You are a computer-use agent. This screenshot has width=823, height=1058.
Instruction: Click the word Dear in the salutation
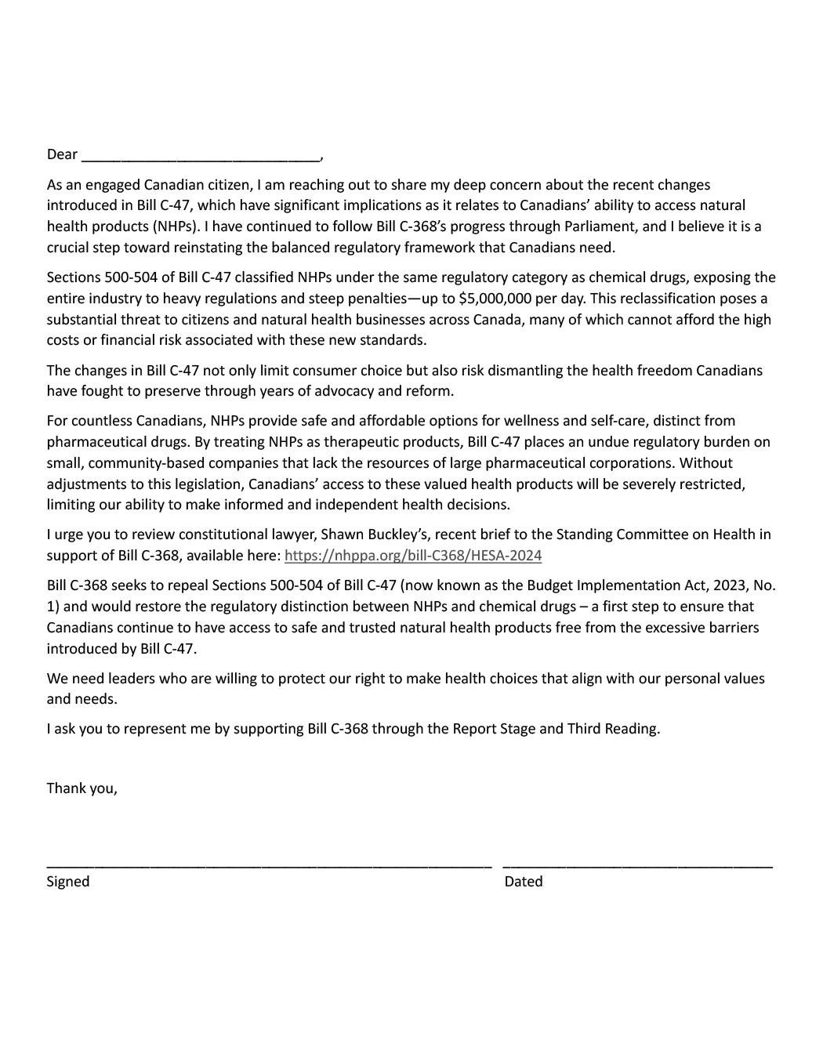(x=62, y=154)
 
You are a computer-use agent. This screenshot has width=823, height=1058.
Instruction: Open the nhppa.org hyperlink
(x=413, y=556)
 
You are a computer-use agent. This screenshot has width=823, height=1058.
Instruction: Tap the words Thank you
(x=82, y=788)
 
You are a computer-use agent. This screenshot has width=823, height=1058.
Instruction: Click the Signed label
(x=68, y=882)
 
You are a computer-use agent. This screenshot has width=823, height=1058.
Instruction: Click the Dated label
(x=524, y=882)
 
